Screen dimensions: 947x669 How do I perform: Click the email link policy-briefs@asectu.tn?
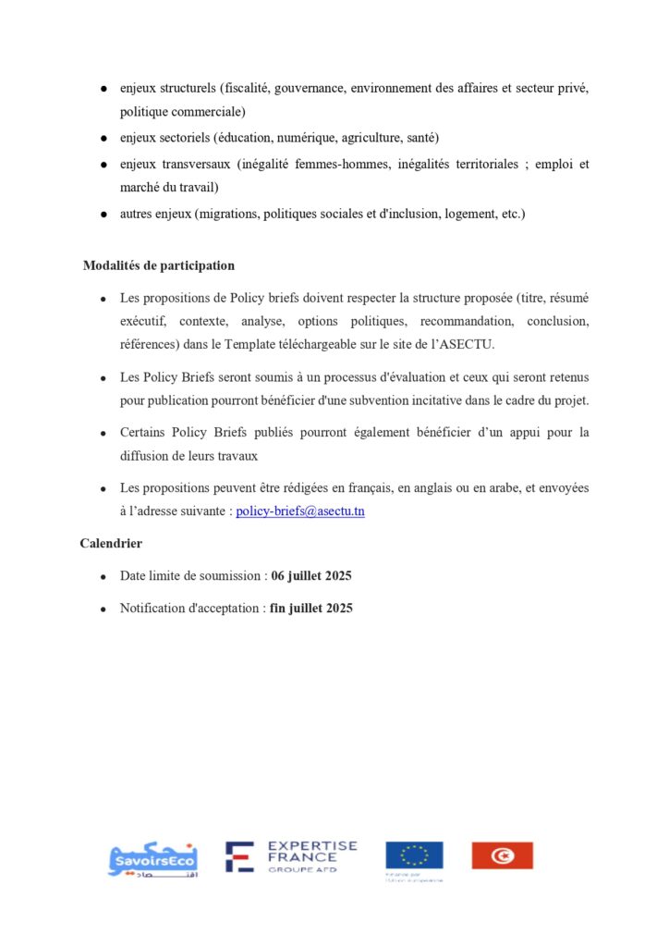pyautogui.click(x=300, y=511)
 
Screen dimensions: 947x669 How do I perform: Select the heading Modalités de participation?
pyautogui.click(x=159, y=265)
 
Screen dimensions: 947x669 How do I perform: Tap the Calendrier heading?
pyautogui.click(x=111, y=544)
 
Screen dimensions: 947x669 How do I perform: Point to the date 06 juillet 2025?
pyautogui.click(x=311, y=576)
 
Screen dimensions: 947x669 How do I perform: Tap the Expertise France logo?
pyautogui.click(x=292, y=857)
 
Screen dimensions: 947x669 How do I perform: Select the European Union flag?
pyautogui.click(x=414, y=855)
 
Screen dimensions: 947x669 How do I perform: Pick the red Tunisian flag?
pyautogui.click(x=502, y=855)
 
